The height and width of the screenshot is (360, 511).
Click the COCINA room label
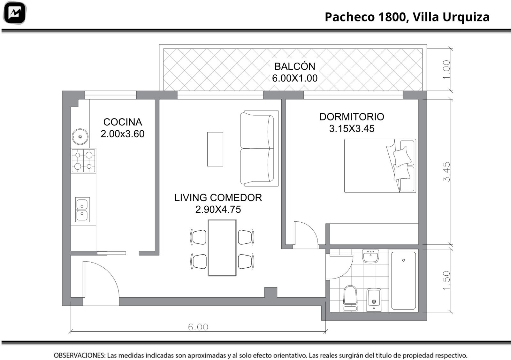(123, 122)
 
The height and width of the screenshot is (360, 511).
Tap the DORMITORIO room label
(352, 117)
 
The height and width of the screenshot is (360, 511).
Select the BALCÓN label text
(295, 66)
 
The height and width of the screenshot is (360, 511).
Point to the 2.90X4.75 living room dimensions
(218, 210)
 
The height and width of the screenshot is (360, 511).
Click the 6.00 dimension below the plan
(198, 327)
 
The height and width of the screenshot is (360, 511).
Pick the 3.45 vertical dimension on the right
(446, 172)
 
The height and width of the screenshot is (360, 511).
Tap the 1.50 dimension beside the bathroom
(446, 280)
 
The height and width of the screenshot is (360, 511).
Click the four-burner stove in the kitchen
(83, 161)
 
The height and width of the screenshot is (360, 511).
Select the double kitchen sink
(82, 210)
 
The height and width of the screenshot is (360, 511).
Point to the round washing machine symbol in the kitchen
(80, 137)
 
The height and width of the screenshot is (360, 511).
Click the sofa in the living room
(259, 148)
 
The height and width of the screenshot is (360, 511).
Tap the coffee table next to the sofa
(215, 149)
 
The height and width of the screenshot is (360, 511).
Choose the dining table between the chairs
(222, 248)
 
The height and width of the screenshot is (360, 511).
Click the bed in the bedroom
(380, 166)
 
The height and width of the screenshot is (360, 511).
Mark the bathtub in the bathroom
(403, 280)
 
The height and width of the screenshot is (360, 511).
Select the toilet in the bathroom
(350, 298)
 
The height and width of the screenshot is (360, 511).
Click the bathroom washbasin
(370, 256)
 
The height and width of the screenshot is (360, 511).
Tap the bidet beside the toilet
(374, 300)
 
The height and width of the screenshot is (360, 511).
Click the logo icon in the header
(15, 13)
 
